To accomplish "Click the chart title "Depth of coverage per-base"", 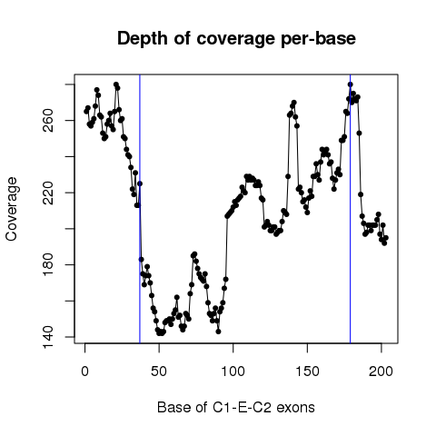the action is click(x=236, y=39).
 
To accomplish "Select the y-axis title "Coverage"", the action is click(x=12, y=209).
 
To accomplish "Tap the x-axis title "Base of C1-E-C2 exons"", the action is click(x=236, y=408).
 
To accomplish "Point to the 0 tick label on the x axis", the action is click(x=85, y=372).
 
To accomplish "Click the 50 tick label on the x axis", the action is click(x=159, y=372).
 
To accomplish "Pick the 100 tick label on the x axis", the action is click(x=233, y=372).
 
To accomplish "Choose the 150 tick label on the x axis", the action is click(x=307, y=372).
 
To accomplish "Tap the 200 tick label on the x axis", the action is click(x=381, y=372).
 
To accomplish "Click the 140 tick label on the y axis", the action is click(x=48, y=337).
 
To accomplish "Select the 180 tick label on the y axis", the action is click(x=48, y=265).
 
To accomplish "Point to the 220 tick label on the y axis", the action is click(x=48, y=193).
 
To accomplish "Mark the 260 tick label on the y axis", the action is click(x=48, y=121).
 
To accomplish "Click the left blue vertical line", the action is click(x=140, y=209).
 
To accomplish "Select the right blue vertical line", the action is click(x=351, y=209).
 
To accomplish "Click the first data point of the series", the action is click(x=86, y=112).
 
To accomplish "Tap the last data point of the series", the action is click(x=386, y=238).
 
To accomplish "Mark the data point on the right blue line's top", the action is click(x=351, y=84).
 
